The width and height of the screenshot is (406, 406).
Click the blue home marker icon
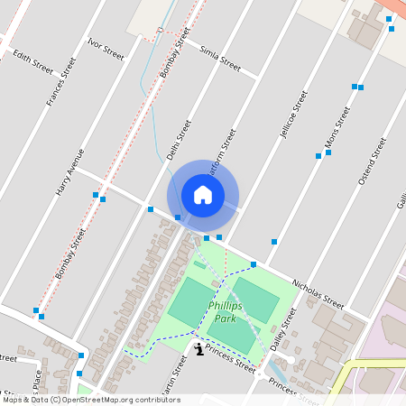203,194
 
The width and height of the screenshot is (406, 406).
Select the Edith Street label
32,60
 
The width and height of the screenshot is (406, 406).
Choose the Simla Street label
220,60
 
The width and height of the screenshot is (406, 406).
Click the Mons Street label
337,128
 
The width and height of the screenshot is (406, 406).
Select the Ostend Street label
372,161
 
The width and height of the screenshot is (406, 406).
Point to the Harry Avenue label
69,173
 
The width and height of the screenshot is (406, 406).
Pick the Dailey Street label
283,329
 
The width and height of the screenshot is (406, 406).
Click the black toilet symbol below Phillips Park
199,347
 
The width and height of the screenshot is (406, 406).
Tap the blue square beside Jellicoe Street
274,242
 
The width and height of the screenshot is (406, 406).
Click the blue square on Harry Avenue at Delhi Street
151,209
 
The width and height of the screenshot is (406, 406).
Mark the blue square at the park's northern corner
254,263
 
